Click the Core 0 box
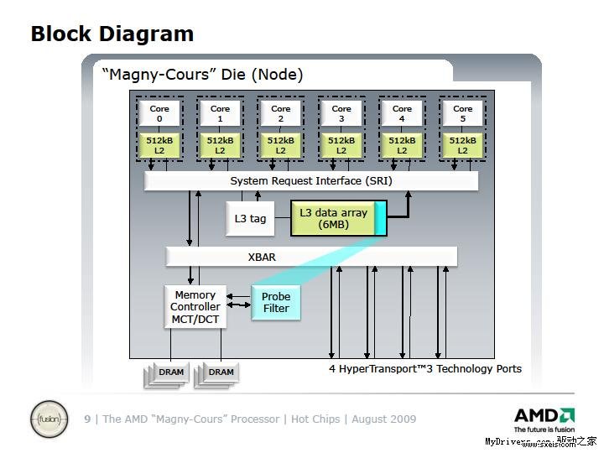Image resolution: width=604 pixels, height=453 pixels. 159,113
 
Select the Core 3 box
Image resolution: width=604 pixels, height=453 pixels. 341,113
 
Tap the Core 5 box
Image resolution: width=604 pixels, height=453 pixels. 463,113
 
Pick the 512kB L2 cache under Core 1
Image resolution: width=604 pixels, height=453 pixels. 220,145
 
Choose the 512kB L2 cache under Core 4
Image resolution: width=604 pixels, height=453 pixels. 402,145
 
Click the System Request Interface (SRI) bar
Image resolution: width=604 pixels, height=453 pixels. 311,181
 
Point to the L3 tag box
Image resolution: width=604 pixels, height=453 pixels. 250,219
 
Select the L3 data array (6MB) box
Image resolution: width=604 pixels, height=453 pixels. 334,218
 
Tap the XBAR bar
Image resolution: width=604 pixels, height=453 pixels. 311,257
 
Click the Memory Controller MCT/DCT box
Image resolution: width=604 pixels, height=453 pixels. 195,307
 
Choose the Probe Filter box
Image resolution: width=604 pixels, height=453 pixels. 276,302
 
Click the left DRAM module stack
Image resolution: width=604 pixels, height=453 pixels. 171,372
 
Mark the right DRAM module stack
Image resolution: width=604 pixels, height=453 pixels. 221,372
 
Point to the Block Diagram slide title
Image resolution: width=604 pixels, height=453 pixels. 112,34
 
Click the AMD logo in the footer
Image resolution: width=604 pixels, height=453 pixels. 544,415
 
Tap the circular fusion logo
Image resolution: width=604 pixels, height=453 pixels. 48,419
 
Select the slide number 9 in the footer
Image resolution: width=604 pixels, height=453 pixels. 87,419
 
